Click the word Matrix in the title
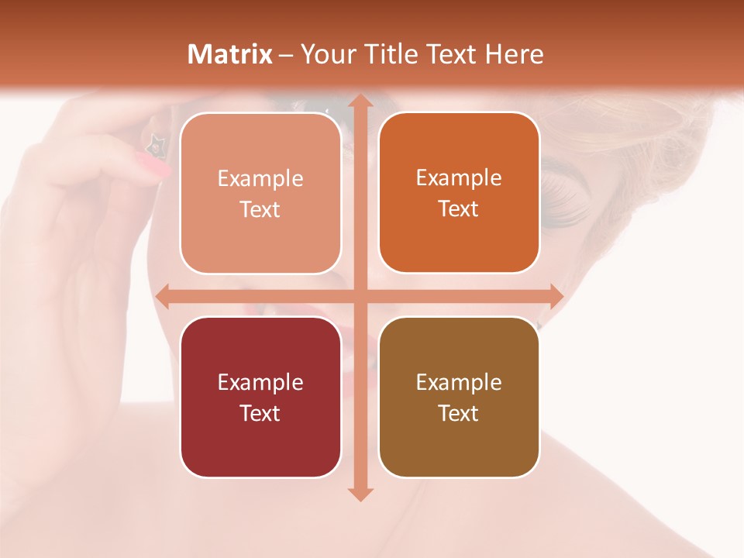coord(230,54)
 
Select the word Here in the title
coord(514,54)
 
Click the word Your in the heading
coord(328,54)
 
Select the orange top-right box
coord(459,240)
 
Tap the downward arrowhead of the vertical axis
coord(360,494)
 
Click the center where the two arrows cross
coord(360,296)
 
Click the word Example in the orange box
coord(459,177)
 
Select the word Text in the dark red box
coord(260,413)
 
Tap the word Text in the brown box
coord(459,413)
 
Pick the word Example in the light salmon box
coord(260,178)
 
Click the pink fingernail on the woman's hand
coord(153,164)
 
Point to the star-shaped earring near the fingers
coord(156,143)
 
